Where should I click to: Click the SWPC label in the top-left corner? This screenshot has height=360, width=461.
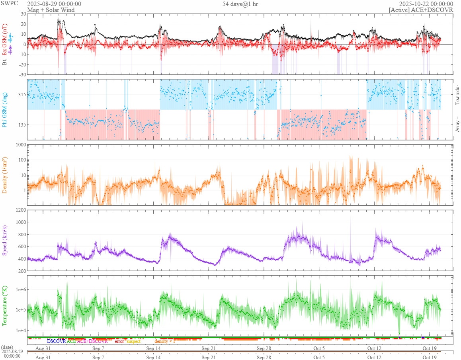[7, 4]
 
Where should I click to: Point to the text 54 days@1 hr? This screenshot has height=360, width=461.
[240, 4]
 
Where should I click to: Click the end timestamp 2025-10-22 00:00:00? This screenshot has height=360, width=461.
[429, 4]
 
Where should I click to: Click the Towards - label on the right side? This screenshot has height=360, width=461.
[457, 95]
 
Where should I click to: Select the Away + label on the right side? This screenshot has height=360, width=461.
[457, 124]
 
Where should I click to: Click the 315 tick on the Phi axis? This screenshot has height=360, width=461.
[21, 95]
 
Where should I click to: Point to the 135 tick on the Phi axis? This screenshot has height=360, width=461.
[21, 125]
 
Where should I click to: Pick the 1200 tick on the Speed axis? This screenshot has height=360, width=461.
[20, 210]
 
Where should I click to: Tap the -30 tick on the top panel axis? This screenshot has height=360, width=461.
[22, 74]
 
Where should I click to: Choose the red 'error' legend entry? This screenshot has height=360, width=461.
[119, 341]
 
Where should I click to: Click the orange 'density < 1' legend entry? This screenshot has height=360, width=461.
[165, 341]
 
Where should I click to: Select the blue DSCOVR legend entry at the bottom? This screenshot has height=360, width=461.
[56, 341]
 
